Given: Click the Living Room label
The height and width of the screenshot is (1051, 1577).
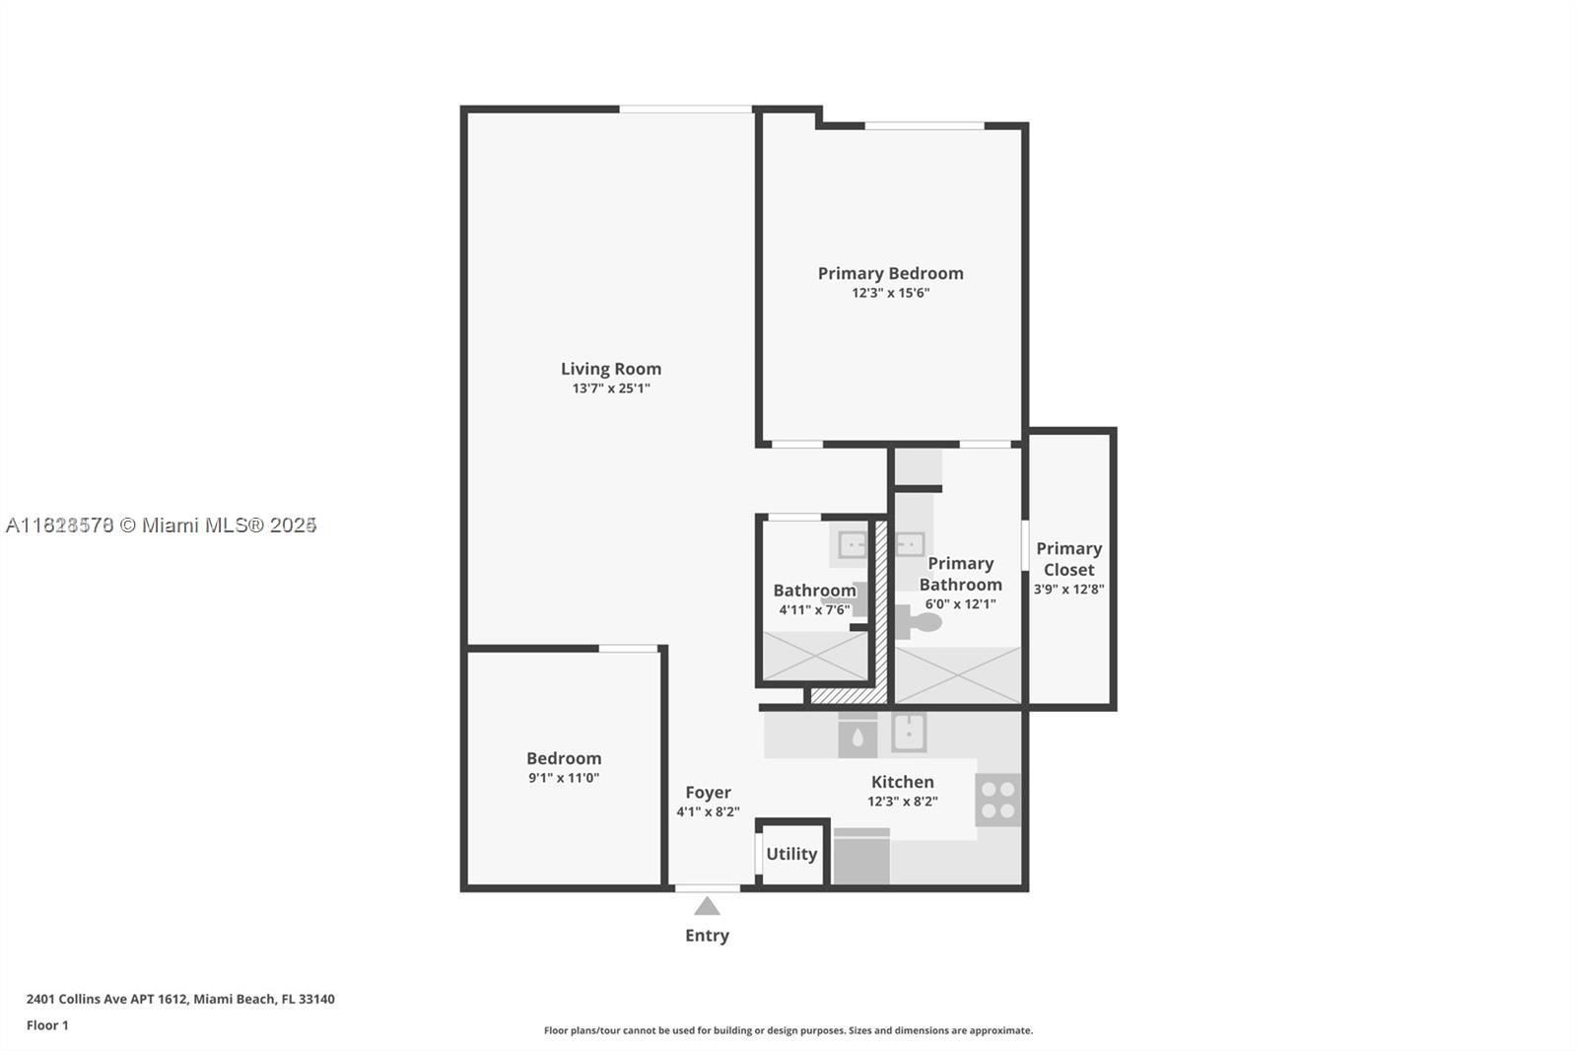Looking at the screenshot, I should coord(611,369).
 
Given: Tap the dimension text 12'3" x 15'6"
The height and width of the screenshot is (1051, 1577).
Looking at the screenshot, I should coord(891,293).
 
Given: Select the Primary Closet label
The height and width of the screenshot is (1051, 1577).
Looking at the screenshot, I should coord(1068,559).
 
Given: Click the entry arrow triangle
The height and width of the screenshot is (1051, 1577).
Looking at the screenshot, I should coord(707,906).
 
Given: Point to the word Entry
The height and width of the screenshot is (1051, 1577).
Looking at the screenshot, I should coord(707,936).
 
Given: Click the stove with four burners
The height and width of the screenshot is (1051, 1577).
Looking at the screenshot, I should coord(997,800).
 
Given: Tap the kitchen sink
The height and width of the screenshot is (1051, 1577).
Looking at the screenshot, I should coord(908,733).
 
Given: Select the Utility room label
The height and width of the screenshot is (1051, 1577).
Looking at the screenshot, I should coord(791,854).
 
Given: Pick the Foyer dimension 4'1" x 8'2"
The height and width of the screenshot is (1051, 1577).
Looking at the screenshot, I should coord(708,812).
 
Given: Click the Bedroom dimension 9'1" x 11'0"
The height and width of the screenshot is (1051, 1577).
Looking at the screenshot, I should coord(564,778).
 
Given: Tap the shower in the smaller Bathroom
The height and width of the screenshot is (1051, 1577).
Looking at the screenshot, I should coord(815,657).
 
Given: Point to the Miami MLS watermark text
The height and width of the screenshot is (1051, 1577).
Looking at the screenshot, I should coord(161,525).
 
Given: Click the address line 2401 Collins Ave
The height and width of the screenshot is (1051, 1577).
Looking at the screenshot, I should coord(180,999).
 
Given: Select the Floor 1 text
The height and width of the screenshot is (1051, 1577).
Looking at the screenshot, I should coord(47,1025).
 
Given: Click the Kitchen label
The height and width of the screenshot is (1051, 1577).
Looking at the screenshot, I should coord(902,782).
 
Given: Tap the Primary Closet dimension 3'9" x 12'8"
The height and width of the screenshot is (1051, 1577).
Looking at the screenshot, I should coord(1068,590).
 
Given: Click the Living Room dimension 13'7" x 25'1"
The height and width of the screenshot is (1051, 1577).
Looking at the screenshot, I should coord(611,388).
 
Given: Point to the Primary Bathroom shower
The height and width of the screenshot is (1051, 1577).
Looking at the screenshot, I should coord(958,675).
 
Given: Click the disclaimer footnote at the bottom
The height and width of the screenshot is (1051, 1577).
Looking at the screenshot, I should coord(788,1030).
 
